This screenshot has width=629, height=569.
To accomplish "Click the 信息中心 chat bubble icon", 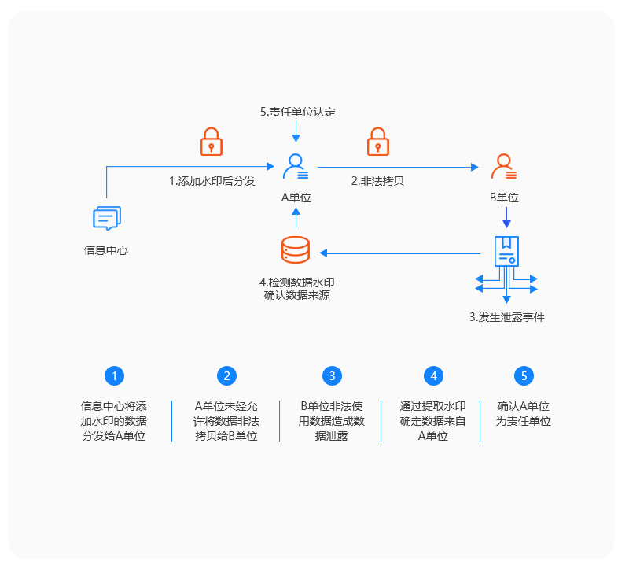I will click(107, 218).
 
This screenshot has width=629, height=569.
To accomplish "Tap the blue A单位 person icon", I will click(296, 166).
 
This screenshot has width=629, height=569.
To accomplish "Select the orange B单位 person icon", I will click(503, 166).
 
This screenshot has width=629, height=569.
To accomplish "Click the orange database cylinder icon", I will click(296, 250).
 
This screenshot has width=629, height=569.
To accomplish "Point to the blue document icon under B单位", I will click(506, 251).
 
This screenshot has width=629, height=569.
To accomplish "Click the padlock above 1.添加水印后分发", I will click(211, 142).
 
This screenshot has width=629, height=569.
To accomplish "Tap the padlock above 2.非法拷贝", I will click(379, 142).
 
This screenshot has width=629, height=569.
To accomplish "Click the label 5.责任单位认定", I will click(298, 112).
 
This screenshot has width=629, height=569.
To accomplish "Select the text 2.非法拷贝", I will click(377, 181).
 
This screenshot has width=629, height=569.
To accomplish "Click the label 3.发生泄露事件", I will click(507, 318).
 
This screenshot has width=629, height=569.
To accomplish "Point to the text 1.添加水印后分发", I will click(212, 181).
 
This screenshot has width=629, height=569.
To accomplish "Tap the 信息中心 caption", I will click(106, 250).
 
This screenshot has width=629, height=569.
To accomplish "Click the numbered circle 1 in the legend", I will click(114, 375).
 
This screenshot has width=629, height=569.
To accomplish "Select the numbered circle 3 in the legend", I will click(333, 375).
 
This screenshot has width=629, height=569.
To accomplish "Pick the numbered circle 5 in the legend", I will click(524, 375).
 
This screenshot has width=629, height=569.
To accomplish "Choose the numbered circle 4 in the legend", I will click(434, 375).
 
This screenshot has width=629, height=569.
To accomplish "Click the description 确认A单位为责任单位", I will click(524, 413).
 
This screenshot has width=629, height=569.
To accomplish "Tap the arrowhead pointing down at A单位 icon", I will click(296, 138).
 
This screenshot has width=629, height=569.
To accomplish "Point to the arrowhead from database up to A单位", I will click(296, 212).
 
